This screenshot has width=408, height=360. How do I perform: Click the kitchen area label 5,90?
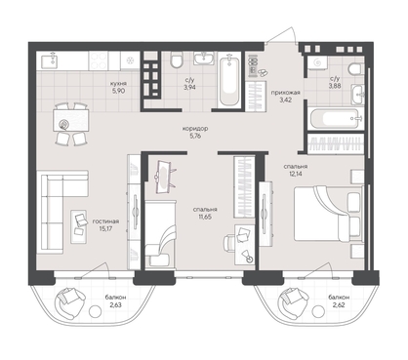pos(118,91)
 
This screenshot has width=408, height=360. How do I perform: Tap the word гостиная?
pos(105,221)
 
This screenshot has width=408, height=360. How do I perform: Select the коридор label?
pos(195,129)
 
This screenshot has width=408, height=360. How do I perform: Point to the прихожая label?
pos(285,93)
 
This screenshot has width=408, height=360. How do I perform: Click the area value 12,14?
pos(296,174)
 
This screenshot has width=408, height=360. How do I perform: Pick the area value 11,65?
pos(205,217)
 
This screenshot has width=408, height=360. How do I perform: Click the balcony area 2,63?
pos(115,305)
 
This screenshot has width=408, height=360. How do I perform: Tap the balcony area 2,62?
pos(339,305)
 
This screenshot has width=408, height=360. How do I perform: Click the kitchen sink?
pos(49,60)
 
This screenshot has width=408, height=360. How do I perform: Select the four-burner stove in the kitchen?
pos(99,60)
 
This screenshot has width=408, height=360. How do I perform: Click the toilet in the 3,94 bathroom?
pos(177,60)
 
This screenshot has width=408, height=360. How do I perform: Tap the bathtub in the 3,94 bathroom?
pos(229,80)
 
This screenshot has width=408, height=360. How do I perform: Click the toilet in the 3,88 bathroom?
pos(356,69)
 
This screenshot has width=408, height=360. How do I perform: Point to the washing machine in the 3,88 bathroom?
pos(317,62)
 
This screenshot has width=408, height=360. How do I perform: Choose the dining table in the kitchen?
pos(71,120)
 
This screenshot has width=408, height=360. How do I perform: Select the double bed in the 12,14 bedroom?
pos(328,214)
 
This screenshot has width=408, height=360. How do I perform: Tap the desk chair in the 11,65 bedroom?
pos(229,243)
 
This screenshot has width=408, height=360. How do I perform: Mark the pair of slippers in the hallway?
pos(262,72)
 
